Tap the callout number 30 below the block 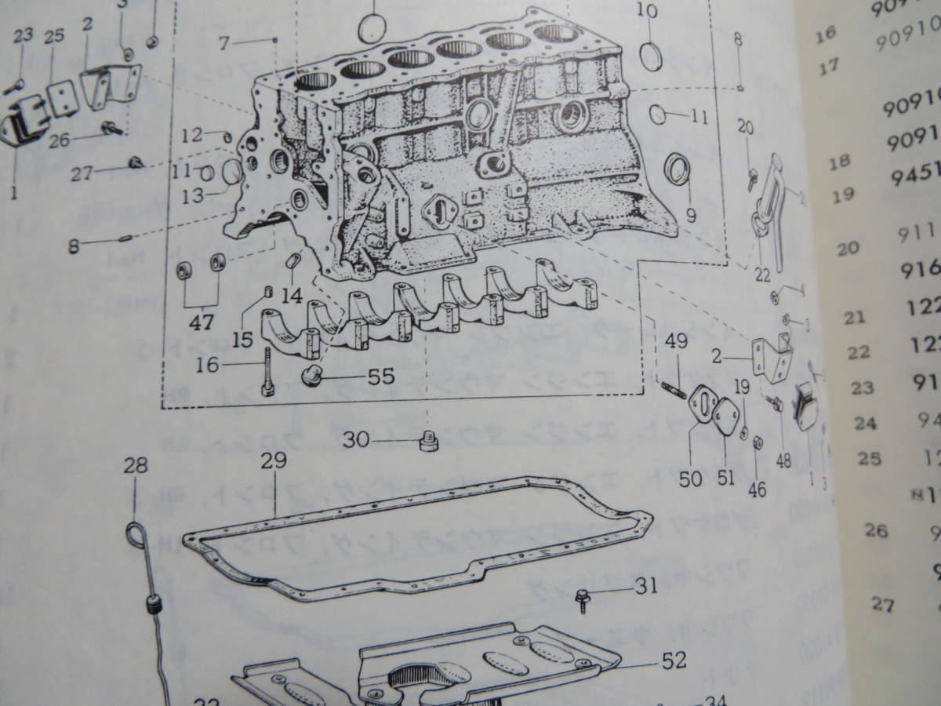[x=356, y=441]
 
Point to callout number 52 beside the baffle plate [x=674, y=661]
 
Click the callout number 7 [x=224, y=44]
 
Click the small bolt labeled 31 [x=583, y=599]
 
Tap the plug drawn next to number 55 [x=312, y=377]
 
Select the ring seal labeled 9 [x=678, y=172]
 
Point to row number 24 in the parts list [x=865, y=424]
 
